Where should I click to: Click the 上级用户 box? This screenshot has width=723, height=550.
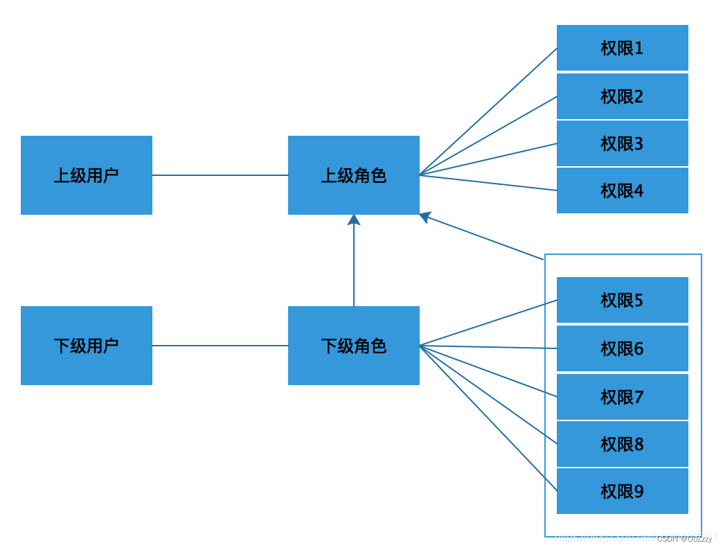[x=87, y=175]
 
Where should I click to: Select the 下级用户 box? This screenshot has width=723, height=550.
[x=87, y=346]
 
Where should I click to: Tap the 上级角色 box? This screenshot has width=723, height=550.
[x=354, y=175]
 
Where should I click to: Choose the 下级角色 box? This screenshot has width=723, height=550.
[x=354, y=346]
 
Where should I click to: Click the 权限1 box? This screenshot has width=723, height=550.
[x=622, y=48]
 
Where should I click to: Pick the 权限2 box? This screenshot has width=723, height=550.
[x=622, y=96]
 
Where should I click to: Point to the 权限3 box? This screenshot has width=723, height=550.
[x=622, y=143]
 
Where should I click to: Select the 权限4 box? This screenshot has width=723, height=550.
[x=622, y=190]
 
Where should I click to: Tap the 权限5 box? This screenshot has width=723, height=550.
[x=622, y=300]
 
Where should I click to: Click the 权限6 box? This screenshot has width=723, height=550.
[x=622, y=348]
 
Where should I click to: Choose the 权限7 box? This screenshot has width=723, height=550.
[x=622, y=397]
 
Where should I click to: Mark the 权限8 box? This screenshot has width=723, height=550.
[x=622, y=444]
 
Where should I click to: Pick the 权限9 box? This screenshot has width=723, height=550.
[x=622, y=491]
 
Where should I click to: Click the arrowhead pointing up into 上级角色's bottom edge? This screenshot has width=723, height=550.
[x=354, y=220]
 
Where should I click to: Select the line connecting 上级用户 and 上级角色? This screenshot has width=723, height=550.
[x=220, y=175]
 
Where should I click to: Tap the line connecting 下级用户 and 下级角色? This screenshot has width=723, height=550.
[x=220, y=346]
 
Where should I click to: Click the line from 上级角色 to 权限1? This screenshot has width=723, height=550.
[x=488, y=112]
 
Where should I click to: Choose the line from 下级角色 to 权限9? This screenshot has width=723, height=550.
[x=488, y=418]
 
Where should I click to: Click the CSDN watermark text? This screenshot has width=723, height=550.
[x=684, y=538]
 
